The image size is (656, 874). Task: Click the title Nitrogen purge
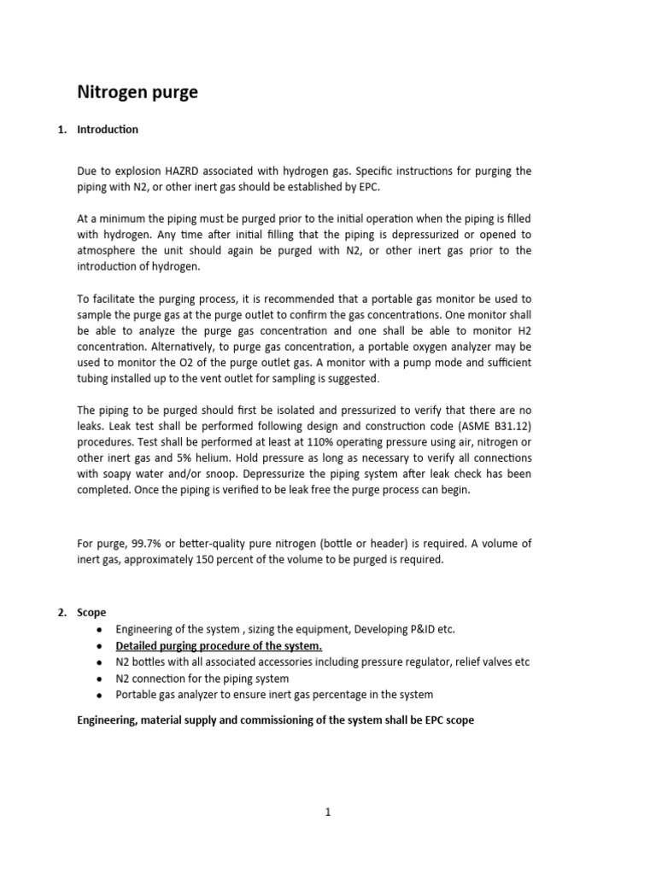(x=138, y=92)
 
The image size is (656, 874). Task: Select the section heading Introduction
(x=108, y=130)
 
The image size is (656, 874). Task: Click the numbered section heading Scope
(x=91, y=613)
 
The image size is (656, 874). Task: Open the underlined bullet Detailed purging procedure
(x=219, y=645)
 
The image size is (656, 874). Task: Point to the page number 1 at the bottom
(x=328, y=812)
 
